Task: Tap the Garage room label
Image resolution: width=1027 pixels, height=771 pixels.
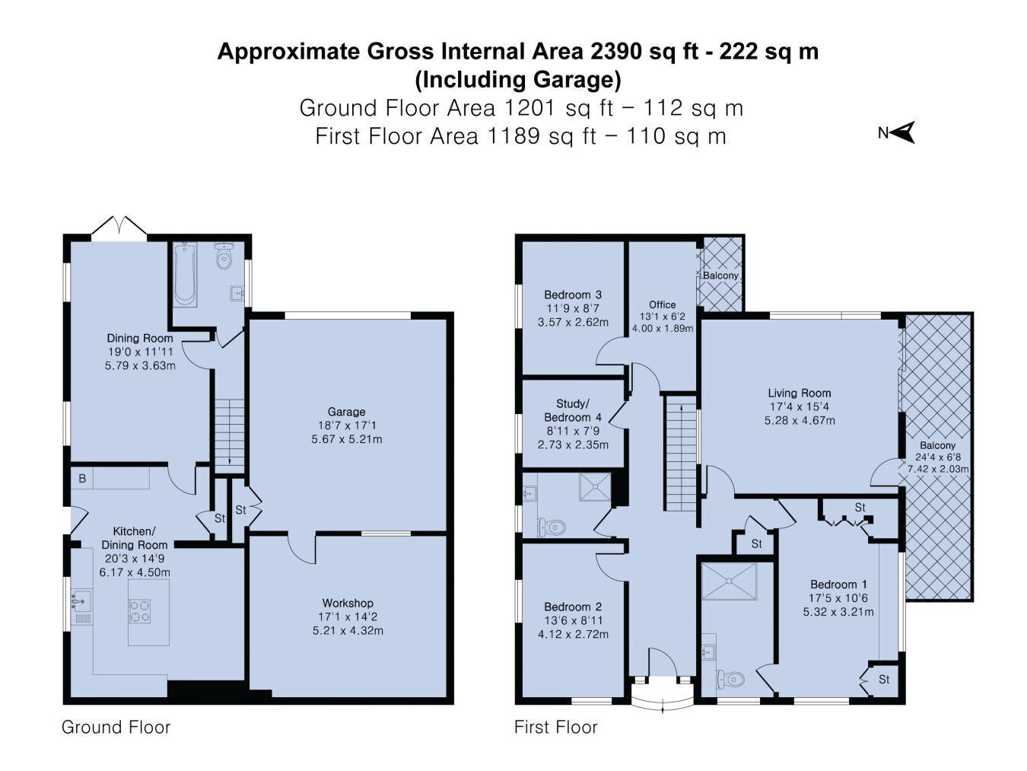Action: point(346,412)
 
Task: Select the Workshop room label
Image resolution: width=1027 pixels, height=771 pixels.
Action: point(348,603)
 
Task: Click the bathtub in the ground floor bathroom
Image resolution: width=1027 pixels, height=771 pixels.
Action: point(186,274)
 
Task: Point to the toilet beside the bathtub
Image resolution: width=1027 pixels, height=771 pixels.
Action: point(224,256)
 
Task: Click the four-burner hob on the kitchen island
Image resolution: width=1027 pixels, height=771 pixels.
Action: point(140,611)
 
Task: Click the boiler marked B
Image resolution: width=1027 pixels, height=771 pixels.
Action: point(82,479)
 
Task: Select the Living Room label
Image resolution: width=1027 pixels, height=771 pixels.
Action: point(799,393)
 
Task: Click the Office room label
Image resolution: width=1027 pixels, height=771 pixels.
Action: point(662,304)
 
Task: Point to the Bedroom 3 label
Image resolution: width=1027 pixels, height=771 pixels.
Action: point(573,295)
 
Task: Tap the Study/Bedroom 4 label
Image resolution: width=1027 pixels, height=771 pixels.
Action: point(573,410)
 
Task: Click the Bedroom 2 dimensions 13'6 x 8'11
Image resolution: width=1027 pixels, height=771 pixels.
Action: point(573,621)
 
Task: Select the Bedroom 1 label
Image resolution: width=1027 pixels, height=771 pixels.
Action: point(838,585)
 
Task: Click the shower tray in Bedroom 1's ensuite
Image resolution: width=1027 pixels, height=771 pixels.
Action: point(729,581)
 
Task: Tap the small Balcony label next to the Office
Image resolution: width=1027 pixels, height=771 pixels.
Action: point(720,276)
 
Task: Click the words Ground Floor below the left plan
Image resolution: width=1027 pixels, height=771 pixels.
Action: point(116,727)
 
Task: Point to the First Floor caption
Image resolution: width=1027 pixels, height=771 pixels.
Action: point(556,727)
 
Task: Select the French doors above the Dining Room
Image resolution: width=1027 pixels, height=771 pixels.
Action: point(119,228)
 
